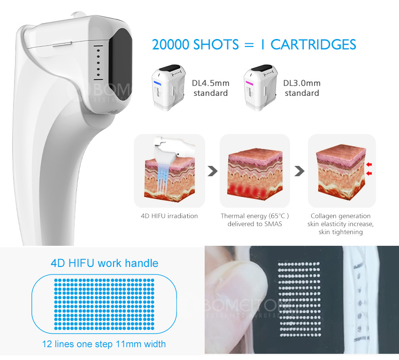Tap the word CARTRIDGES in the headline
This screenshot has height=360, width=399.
coord(313,45)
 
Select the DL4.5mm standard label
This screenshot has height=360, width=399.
coord(210,88)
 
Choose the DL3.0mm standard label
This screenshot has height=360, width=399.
coord(302,88)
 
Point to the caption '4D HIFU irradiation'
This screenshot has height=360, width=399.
coord(169,216)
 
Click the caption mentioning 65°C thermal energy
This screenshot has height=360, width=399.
coord(255,220)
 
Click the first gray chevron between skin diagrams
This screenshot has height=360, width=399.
coord(213,171)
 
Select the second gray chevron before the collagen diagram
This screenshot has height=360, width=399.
coord(299,171)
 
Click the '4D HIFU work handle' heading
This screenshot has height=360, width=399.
coord(104,263)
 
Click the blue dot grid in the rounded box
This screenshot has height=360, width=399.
coord(104,301)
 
